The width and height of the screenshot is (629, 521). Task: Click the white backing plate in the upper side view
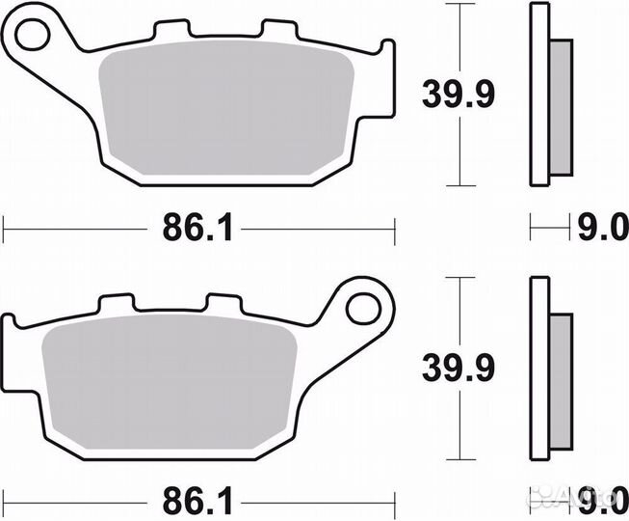tap(538, 96)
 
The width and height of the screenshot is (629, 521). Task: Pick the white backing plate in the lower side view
tap(538, 371)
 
